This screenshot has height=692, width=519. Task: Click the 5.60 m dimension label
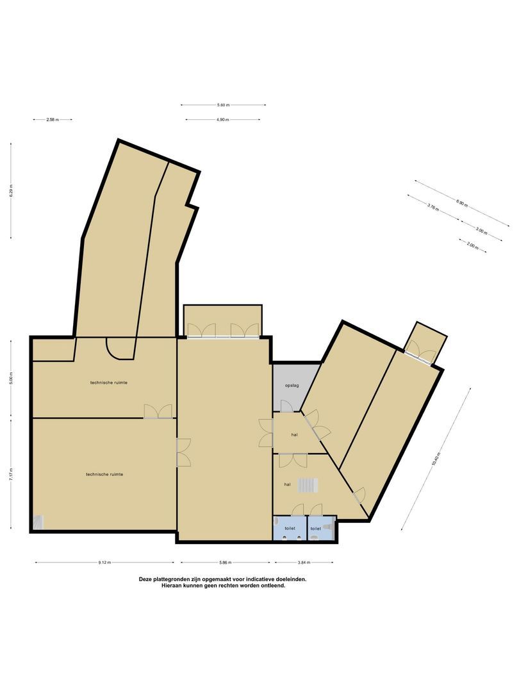click(223, 104)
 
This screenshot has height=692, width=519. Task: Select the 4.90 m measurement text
click(222, 120)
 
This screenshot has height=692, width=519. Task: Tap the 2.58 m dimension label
click(52, 119)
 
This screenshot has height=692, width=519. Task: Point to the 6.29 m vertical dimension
click(11, 190)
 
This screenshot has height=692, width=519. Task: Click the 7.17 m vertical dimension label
click(11, 475)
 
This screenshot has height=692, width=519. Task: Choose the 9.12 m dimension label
click(105, 563)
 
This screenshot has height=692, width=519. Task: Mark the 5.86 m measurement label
click(224, 563)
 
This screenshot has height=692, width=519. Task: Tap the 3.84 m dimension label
click(304, 563)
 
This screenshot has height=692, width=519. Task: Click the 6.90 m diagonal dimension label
click(462, 203)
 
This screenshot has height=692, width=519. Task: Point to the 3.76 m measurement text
click(432, 207)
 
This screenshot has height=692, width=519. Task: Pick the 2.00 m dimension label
click(472, 246)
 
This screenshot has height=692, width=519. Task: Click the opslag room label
click(292, 385)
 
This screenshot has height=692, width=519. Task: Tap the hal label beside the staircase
click(288, 484)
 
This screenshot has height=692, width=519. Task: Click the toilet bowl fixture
click(328, 525)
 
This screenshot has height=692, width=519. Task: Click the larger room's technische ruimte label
click(104, 474)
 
